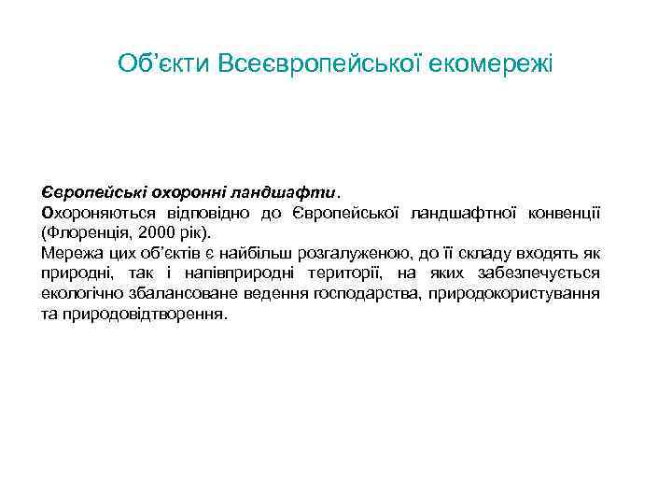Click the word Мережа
[x=68, y=253]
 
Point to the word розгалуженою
[x=352, y=253]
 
